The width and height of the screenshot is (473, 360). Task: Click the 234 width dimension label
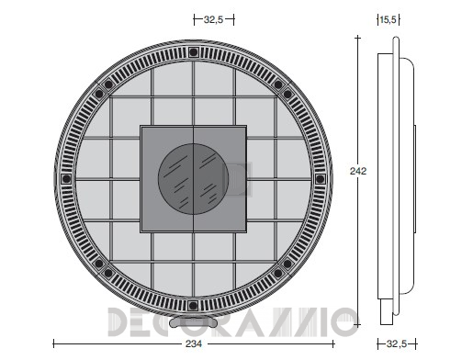click(194, 343)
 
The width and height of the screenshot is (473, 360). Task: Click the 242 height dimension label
click(358, 171)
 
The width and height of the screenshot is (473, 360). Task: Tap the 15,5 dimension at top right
click(388, 20)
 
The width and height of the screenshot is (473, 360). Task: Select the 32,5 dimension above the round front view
click(213, 19)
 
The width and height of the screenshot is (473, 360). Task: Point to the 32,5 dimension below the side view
click(397, 343)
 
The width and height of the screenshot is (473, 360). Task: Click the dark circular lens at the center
click(193, 179)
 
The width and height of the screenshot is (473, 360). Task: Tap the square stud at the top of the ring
click(193, 52)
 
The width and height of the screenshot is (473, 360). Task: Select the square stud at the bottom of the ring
click(193, 305)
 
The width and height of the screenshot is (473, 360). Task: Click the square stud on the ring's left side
click(66, 179)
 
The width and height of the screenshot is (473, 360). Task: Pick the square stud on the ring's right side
click(320, 179)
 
